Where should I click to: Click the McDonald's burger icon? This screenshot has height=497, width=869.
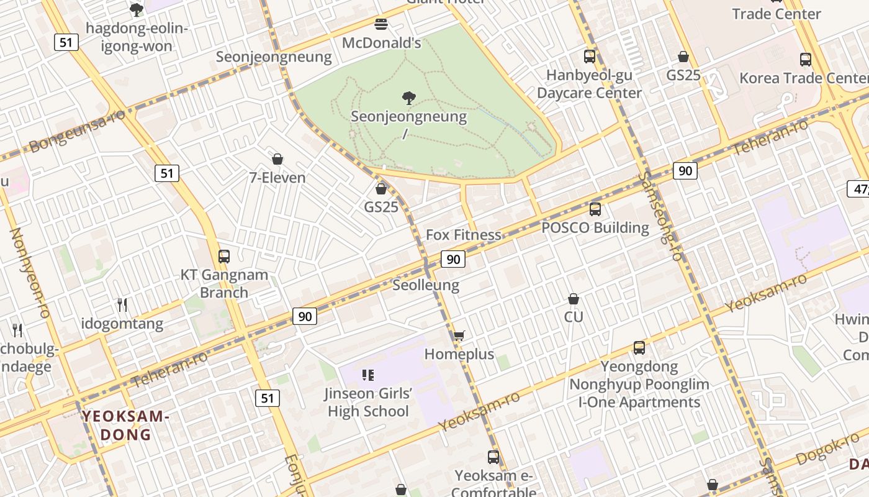tap(381, 24)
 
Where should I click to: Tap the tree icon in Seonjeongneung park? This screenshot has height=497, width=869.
tap(408, 98)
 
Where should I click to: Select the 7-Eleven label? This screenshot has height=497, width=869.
tap(277, 178)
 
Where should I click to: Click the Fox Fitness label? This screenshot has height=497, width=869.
tap(463, 235)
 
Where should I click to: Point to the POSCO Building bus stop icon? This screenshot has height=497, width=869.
tap(595, 209)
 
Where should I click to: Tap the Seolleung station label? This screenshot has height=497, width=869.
tap(426, 285)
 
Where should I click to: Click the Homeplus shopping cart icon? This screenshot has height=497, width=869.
tap(459, 336)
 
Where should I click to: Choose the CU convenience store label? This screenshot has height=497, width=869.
tap(574, 317)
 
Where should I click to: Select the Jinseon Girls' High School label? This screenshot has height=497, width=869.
tap(368, 402)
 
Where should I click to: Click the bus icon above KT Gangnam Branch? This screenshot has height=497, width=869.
tap(223, 256)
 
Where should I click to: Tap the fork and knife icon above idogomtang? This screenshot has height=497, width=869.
tap(122, 305)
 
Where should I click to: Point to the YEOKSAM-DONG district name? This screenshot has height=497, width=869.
tap(126, 425)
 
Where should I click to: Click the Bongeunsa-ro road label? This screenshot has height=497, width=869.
tap(77, 131)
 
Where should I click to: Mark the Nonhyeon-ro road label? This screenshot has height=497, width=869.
tap(29, 273)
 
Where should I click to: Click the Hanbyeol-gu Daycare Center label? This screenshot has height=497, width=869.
tap(589, 84)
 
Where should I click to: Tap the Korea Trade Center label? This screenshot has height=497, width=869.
tap(804, 78)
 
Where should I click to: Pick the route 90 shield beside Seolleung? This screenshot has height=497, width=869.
tap(453, 259)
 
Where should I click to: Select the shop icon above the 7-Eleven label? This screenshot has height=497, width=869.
tap(277, 160)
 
